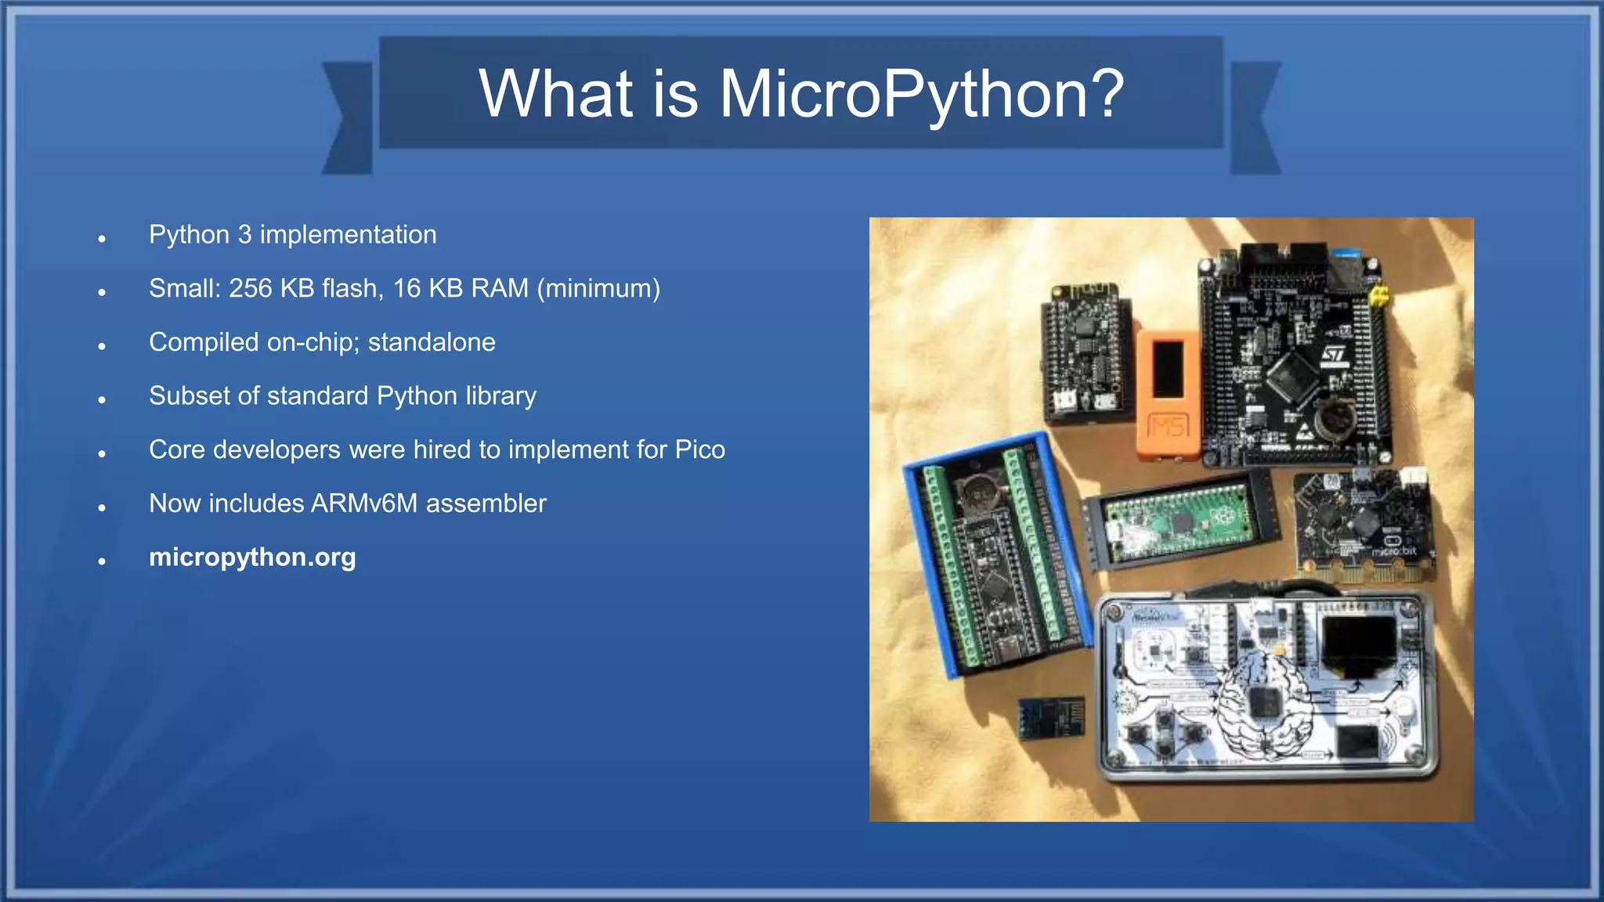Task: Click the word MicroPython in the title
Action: pos(920,94)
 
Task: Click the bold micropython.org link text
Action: pos(252,557)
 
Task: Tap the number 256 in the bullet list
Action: pos(250,288)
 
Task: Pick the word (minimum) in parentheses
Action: pos(598,288)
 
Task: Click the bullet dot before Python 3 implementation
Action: pos(102,239)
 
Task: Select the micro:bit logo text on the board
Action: pos(1394,551)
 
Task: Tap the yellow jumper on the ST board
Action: pos(1378,296)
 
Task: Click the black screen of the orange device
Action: pos(1168,368)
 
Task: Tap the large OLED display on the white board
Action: pos(1360,643)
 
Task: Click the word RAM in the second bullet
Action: pos(499,288)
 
